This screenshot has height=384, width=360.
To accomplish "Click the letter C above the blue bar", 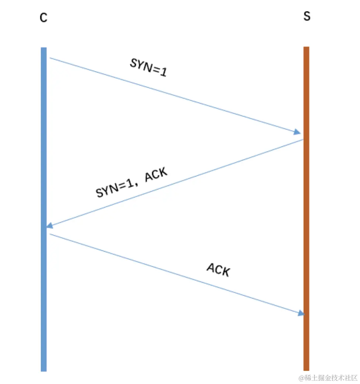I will (x=43, y=17).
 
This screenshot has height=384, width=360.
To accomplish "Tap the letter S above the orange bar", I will (x=306, y=17).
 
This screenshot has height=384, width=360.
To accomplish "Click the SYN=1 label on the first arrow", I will (x=148, y=68).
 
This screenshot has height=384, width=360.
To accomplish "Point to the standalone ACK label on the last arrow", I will (x=218, y=270).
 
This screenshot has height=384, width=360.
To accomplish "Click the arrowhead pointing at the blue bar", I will (x=50, y=226).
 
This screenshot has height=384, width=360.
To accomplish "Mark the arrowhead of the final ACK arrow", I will (x=301, y=313).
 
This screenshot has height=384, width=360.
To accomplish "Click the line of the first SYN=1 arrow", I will (x=174, y=95).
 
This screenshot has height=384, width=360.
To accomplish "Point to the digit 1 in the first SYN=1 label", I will (x=163, y=72).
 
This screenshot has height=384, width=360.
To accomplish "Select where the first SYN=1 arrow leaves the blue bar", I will (x=50, y=58).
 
